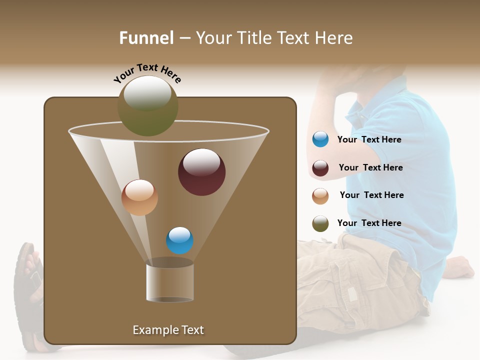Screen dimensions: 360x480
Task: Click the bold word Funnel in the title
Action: pos(146,38)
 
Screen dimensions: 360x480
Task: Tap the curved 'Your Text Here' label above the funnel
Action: pos(147,73)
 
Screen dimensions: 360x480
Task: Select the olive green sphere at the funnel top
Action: pos(148,106)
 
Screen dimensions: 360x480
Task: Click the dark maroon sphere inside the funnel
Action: pos(202,172)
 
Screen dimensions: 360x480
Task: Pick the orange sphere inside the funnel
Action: pos(139,197)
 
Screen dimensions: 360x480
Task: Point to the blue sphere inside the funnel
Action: pos(179,240)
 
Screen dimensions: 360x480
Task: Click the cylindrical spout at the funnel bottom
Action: pos(170,282)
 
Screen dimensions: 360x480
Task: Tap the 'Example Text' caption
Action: pos(168,330)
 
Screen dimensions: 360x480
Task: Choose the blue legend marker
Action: pos(320,139)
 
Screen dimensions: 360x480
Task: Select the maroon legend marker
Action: pos(320,168)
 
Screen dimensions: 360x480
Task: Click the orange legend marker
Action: pos(320,195)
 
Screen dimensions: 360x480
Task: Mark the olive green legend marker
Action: pos(320,223)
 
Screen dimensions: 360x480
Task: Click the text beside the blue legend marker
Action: pos(369,139)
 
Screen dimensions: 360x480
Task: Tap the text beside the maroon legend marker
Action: pos(370,167)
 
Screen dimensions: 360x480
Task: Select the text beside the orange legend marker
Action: pos(371,195)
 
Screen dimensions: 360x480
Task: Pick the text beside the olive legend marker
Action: pos(369,223)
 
